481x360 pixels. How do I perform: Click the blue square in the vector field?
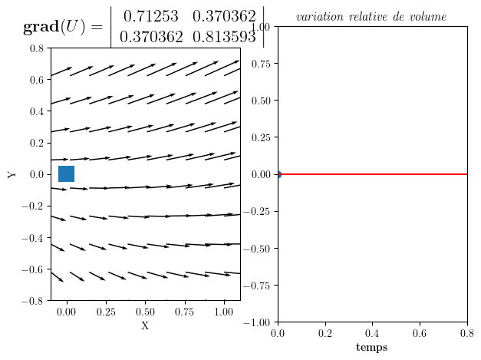tap(66, 174)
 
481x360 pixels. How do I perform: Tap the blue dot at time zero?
tap(278, 174)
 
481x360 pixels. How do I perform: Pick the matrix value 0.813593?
tap(221, 36)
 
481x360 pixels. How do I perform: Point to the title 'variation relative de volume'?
tap(371, 17)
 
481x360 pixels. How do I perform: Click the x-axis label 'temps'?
tap(372, 348)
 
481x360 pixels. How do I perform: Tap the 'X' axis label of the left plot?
tap(145, 326)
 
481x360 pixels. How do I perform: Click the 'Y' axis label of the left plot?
tap(12, 174)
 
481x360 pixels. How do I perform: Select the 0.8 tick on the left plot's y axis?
tap(36, 48)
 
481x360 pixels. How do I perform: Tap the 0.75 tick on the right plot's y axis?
tap(261, 64)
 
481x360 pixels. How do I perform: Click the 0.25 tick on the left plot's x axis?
tap(106, 312)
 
